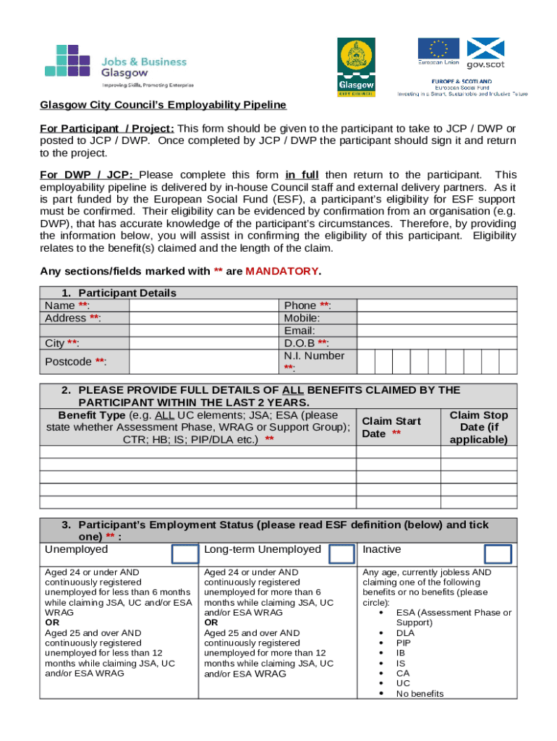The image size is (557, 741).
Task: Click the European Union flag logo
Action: click(438, 52)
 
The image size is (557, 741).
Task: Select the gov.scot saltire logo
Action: click(485, 52)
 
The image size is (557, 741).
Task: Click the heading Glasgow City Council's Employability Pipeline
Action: click(163, 105)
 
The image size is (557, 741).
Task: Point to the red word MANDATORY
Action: click(281, 271)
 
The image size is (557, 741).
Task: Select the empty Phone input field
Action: click(438, 305)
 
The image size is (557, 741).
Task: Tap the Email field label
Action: click(299, 331)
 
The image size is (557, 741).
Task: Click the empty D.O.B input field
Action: click(438, 343)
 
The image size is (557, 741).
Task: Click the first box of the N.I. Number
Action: click(366, 361)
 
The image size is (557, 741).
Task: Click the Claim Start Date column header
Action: click(391, 427)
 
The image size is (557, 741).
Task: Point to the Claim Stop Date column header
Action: click(478, 427)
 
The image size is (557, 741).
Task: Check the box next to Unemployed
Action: click(184, 554)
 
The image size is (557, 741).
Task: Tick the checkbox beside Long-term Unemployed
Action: click(341, 554)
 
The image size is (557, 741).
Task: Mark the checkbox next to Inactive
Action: click(498, 554)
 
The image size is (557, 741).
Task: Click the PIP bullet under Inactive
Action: click(404, 642)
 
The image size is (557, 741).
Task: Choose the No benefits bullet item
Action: click(420, 693)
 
